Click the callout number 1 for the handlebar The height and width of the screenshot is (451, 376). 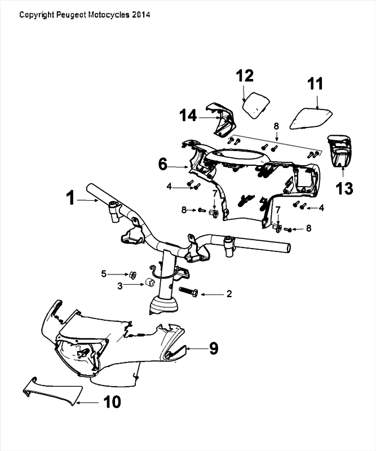[x=70, y=198]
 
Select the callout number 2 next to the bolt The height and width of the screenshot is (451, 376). [x=229, y=294]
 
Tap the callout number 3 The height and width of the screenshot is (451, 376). [x=120, y=286]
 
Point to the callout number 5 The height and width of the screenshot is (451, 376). [x=104, y=274]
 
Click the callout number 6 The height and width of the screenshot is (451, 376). [x=162, y=165]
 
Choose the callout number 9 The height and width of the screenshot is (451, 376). [x=213, y=348]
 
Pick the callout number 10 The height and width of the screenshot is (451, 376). [x=112, y=401]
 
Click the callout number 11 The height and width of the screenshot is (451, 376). [x=315, y=84]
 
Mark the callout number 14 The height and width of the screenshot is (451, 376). [x=188, y=116]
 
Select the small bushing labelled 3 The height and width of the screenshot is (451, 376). [x=151, y=282]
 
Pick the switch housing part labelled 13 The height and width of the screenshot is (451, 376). [x=340, y=151]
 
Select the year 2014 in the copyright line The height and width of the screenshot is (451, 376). [x=141, y=15]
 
